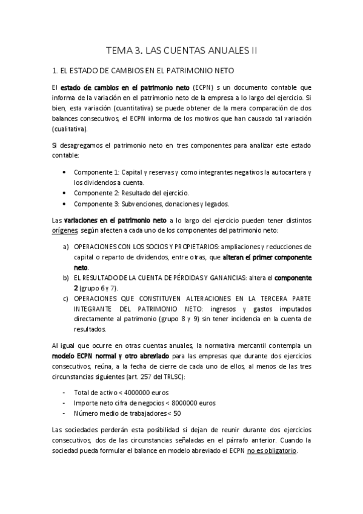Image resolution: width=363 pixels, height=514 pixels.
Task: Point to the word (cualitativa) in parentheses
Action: coord(70,129)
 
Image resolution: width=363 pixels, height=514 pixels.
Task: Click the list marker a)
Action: coord(65,247)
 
